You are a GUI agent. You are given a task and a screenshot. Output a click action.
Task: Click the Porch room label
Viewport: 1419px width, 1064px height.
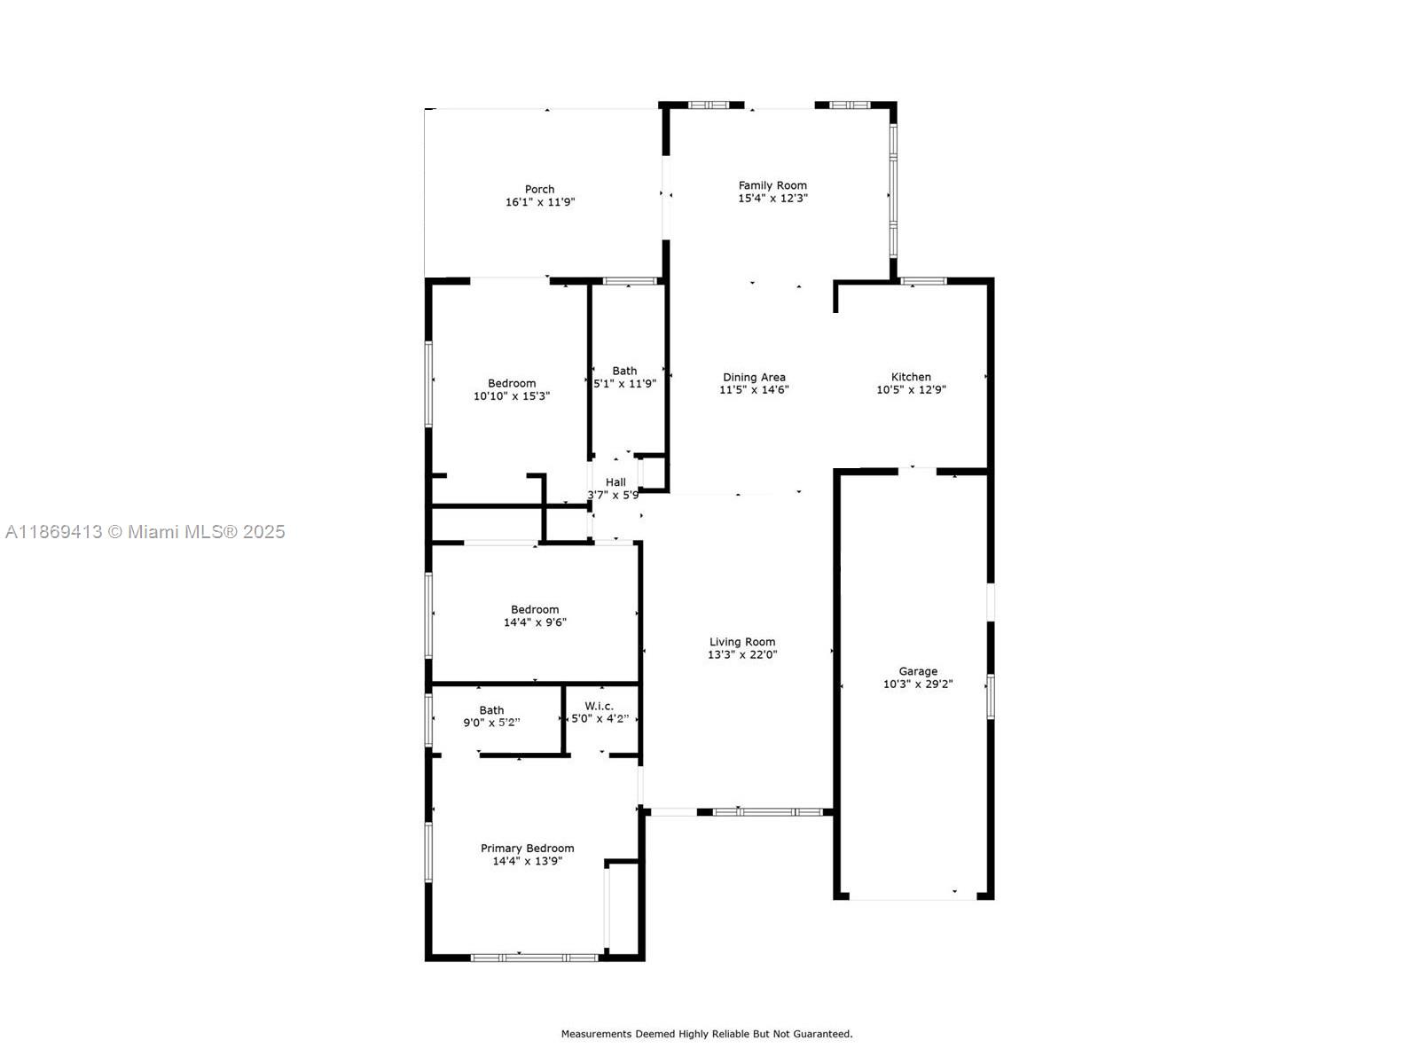539,189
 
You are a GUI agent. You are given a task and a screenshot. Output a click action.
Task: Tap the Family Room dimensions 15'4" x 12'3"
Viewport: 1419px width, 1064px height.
772,199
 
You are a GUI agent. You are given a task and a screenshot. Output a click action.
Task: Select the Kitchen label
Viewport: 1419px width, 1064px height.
911,377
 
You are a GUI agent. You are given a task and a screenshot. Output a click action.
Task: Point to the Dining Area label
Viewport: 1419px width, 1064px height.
754,377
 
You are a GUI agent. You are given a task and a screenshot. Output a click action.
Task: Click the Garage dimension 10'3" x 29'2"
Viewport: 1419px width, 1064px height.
918,685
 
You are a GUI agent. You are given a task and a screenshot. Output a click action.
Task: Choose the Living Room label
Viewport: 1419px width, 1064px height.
742,642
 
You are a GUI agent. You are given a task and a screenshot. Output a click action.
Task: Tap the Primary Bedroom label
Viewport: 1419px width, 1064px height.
527,849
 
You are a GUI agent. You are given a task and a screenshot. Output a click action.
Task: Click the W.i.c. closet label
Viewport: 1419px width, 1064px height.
599,706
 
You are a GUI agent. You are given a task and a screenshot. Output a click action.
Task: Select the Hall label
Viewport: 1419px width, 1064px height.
615,482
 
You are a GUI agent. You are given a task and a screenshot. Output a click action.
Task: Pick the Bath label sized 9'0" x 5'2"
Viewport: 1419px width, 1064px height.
491,710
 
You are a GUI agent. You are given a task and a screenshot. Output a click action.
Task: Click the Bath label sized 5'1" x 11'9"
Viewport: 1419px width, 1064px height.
624,371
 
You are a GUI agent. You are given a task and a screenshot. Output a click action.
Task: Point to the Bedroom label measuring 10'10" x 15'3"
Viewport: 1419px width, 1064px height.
512,383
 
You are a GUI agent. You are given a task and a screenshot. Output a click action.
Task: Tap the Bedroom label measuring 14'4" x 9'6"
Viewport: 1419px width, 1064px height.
535,609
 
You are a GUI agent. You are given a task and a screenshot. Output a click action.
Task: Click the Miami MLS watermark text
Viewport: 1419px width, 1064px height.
145,532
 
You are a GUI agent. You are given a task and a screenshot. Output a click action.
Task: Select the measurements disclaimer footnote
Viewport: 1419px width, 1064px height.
706,1034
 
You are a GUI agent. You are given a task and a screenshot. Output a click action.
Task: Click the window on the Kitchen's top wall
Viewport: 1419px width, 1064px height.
923,282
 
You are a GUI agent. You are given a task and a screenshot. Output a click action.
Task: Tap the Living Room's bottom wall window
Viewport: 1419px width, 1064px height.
768,811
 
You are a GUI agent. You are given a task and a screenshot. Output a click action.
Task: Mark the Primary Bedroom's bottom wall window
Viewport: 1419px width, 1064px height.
534,958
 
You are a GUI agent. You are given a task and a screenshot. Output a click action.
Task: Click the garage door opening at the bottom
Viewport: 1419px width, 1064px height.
913,898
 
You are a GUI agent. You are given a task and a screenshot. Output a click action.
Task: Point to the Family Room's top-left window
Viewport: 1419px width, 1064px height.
709,105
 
